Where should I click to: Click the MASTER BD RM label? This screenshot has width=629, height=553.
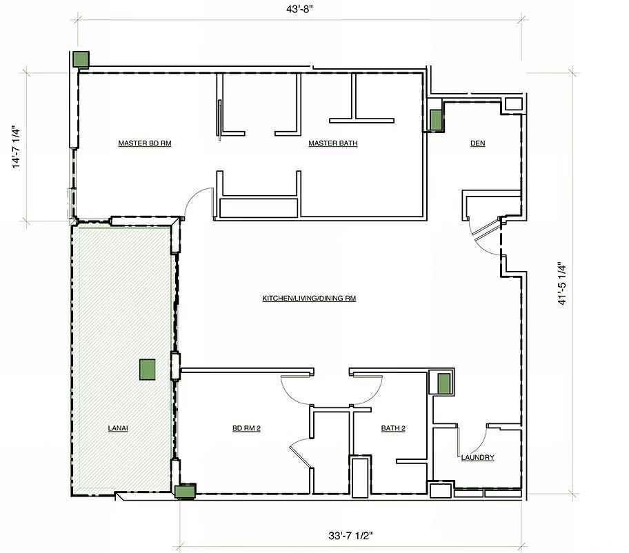click(144, 143)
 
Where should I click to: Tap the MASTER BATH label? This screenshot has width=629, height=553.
click(333, 143)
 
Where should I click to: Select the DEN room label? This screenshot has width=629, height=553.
click(478, 143)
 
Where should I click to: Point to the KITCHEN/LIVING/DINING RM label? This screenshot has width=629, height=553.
click(309, 299)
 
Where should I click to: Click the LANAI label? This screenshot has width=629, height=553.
click(118, 428)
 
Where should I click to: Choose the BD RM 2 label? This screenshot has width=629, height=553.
click(246, 428)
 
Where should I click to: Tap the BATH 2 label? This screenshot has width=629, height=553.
click(393, 428)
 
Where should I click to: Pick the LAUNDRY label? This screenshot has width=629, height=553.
click(477, 458)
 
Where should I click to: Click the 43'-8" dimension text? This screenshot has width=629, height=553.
click(299, 10)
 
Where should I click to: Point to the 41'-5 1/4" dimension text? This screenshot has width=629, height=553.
click(562, 284)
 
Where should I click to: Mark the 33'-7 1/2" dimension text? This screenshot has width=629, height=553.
click(350, 535)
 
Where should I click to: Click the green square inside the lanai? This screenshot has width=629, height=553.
click(147, 370)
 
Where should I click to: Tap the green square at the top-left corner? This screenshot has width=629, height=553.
click(81, 59)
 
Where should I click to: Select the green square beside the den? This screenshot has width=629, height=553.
click(436, 120)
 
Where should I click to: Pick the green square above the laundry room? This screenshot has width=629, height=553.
click(443, 384)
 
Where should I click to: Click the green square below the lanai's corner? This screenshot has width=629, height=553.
click(185, 491)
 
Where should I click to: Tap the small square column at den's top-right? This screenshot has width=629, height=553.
click(513, 104)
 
